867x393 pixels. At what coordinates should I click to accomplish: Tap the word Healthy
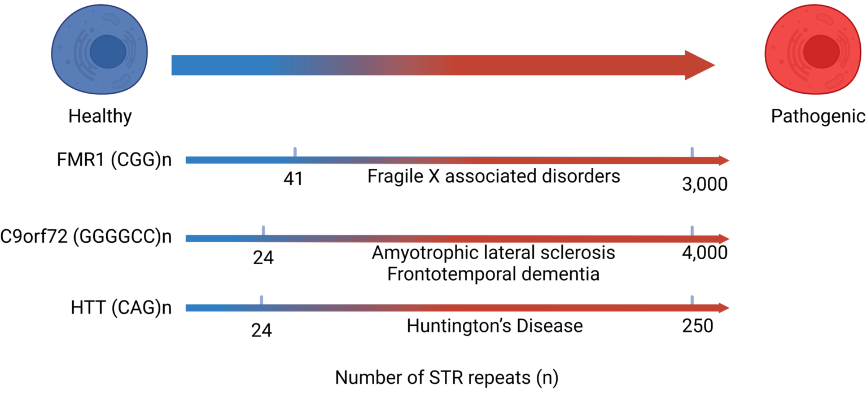(x=100, y=116)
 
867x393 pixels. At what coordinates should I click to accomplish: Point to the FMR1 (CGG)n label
(x=113, y=160)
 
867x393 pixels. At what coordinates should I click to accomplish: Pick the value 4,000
(x=704, y=253)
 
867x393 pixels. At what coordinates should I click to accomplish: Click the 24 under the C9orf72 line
(x=263, y=257)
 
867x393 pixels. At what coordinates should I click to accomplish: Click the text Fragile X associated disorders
(x=493, y=176)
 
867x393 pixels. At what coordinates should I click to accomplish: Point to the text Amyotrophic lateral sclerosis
(x=493, y=252)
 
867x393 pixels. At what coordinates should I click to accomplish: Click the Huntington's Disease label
(x=494, y=326)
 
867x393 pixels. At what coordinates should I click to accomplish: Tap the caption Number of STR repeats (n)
(x=446, y=377)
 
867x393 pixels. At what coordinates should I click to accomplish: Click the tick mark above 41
(x=295, y=151)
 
